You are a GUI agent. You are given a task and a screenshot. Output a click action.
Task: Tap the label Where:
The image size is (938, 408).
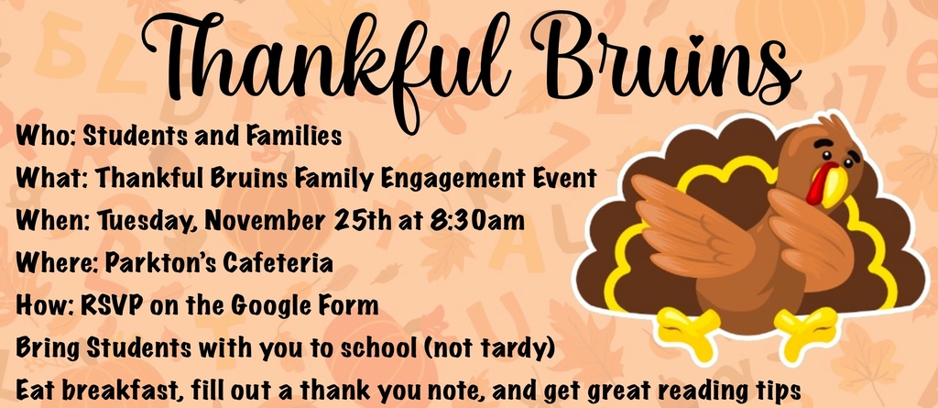[49, 263]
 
